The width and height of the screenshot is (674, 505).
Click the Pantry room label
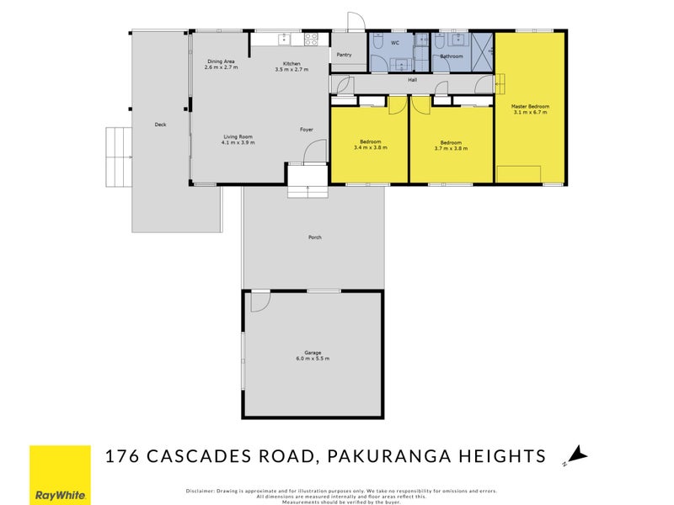(x=343, y=55)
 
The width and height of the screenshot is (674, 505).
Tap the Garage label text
(x=313, y=353)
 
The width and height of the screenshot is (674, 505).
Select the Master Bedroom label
(x=530, y=107)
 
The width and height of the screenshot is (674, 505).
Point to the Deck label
(x=160, y=125)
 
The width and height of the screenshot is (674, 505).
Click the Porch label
(x=314, y=237)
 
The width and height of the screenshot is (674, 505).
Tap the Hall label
(x=413, y=80)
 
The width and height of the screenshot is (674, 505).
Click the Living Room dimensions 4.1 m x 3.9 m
(x=238, y=143)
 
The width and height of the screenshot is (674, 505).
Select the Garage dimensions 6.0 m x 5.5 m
(x=313, y=359)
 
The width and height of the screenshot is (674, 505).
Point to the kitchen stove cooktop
(x=310, y=38)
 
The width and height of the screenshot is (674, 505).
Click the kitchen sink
(x=284, y=38)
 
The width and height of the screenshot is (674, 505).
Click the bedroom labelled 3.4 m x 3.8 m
(x=370, y=144)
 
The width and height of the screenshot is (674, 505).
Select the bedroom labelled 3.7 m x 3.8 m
(x=451, y=144)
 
